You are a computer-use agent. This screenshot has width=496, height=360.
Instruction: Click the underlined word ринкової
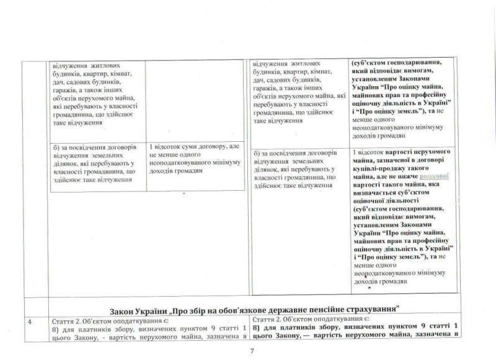(433, 176)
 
